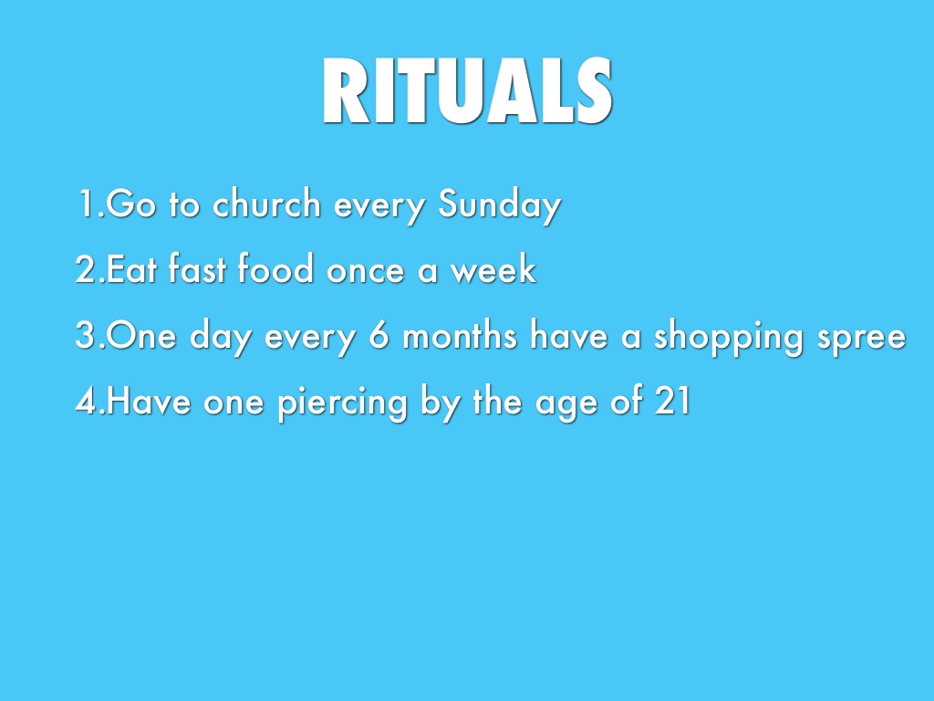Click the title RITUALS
click(x=467, y=90)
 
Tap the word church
click(x=267, y=204)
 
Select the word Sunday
click(x=499, y=206)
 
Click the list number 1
click(x=88, y=204)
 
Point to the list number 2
click(x=86, y=269)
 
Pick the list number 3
click(x=86, y=335)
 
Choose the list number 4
click(x=87, y=400)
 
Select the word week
click(x=493, y=268)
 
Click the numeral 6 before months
click(x=379, y=334)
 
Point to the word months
click(x=460, y=334)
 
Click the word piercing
click(x=343, y=403)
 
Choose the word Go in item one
click(x=131, y=204)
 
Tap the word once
click(x=365, y=271)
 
